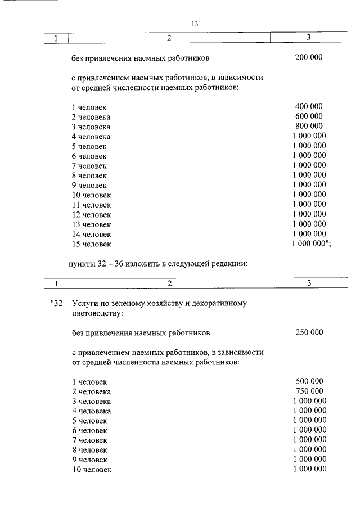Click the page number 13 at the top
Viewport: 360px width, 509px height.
click(195, 24)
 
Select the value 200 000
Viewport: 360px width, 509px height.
click(309, 57)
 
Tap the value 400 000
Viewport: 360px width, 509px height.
click(309, 106)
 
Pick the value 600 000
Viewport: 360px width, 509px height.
click(309, 116)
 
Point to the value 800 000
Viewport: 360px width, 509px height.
click(309, 126)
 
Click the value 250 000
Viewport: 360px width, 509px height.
click(309, 332)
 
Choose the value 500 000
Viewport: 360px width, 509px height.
click(309, 381)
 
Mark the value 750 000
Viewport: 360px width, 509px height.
click(309, 391)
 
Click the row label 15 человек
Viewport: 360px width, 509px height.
click(92, 244)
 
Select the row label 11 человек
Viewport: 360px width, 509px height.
click(92, 205)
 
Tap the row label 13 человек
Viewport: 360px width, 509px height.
click(92, 224)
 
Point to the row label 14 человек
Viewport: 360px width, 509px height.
click(92, 234)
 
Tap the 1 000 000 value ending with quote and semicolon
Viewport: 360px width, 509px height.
click(311, 244)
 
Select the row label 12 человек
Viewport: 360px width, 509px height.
click(92, 214)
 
